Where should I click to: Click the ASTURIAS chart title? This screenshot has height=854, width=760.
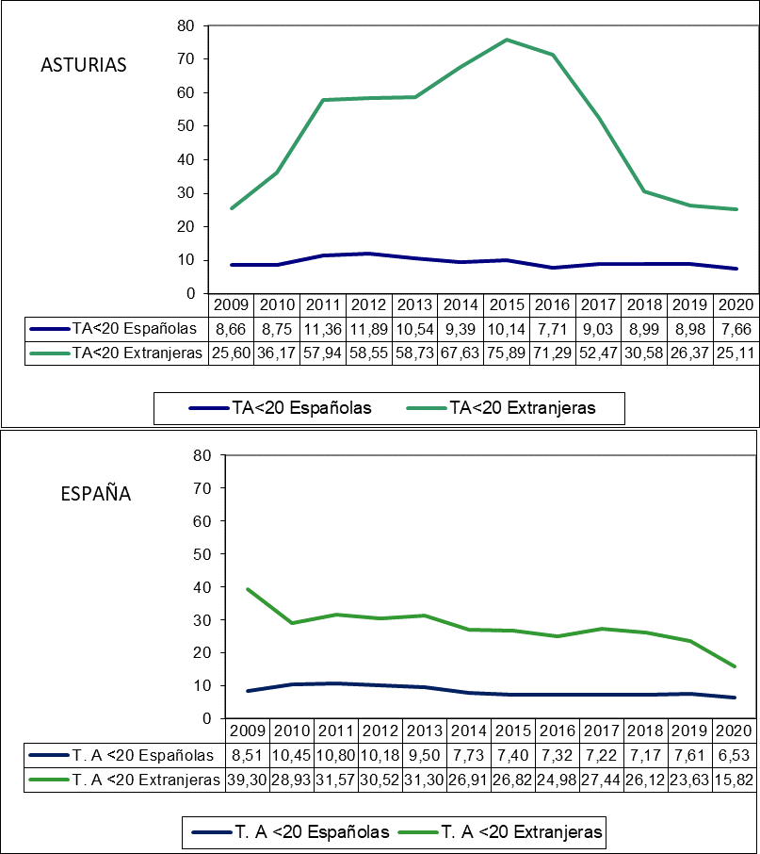point(83,65)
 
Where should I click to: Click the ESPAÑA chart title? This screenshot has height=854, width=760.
point(95,493)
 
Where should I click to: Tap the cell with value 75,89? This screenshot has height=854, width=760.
point(508,353)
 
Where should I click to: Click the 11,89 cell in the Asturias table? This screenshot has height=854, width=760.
point(369,328)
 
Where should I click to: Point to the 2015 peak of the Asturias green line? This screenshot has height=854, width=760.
point(507,40)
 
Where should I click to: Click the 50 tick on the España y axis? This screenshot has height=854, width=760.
point(200,553)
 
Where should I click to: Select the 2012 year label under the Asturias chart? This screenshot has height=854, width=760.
point(369,304)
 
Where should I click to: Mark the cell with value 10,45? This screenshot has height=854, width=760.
point(292,754)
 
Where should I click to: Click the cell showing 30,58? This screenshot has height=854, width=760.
point(646,353)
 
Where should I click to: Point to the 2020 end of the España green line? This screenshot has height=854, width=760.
point(735,666)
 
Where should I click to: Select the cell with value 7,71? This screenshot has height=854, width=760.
point(554,328)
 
